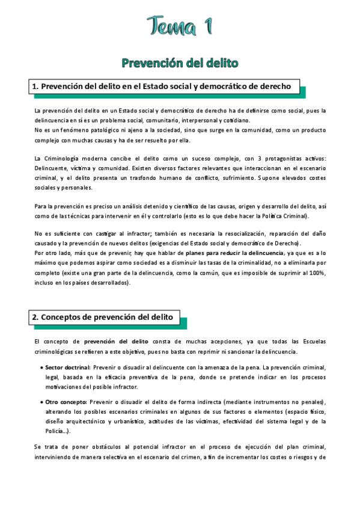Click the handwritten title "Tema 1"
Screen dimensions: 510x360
pyautogui.click(x=180, y=27)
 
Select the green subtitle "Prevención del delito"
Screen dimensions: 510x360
pyautogui.click(x=180, y=63)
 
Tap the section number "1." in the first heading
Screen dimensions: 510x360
pyautogui.click(x=35, y=87)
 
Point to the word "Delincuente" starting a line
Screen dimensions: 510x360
pyautogui.click(x=51, y=168)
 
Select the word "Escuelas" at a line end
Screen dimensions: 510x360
pyautogui.click(x=312, y=342)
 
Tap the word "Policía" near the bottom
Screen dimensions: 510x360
pyautogui.click(x=54, y=431)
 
